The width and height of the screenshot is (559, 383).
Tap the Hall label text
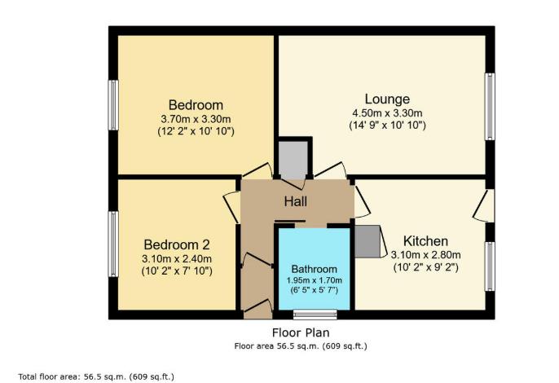[x=295, y=201]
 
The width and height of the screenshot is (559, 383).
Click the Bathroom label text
[x=314, y=269]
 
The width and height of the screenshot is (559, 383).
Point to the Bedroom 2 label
[x=177, y=244]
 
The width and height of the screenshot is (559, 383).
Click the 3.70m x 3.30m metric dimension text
[x=196, y=118]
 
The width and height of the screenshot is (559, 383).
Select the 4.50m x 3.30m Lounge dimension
[x=388, y=112]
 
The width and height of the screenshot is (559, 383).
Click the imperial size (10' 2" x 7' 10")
[x=177, y=271]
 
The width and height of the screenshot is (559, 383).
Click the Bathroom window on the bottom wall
[x=315, y=314]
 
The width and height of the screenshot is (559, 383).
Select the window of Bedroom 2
[x=114, y=244]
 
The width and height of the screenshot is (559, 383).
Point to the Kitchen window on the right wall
[x=490, y=266]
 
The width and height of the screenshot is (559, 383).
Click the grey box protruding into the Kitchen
[x=368, y=240]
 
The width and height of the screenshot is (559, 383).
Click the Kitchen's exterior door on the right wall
[x=486, y=205]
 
